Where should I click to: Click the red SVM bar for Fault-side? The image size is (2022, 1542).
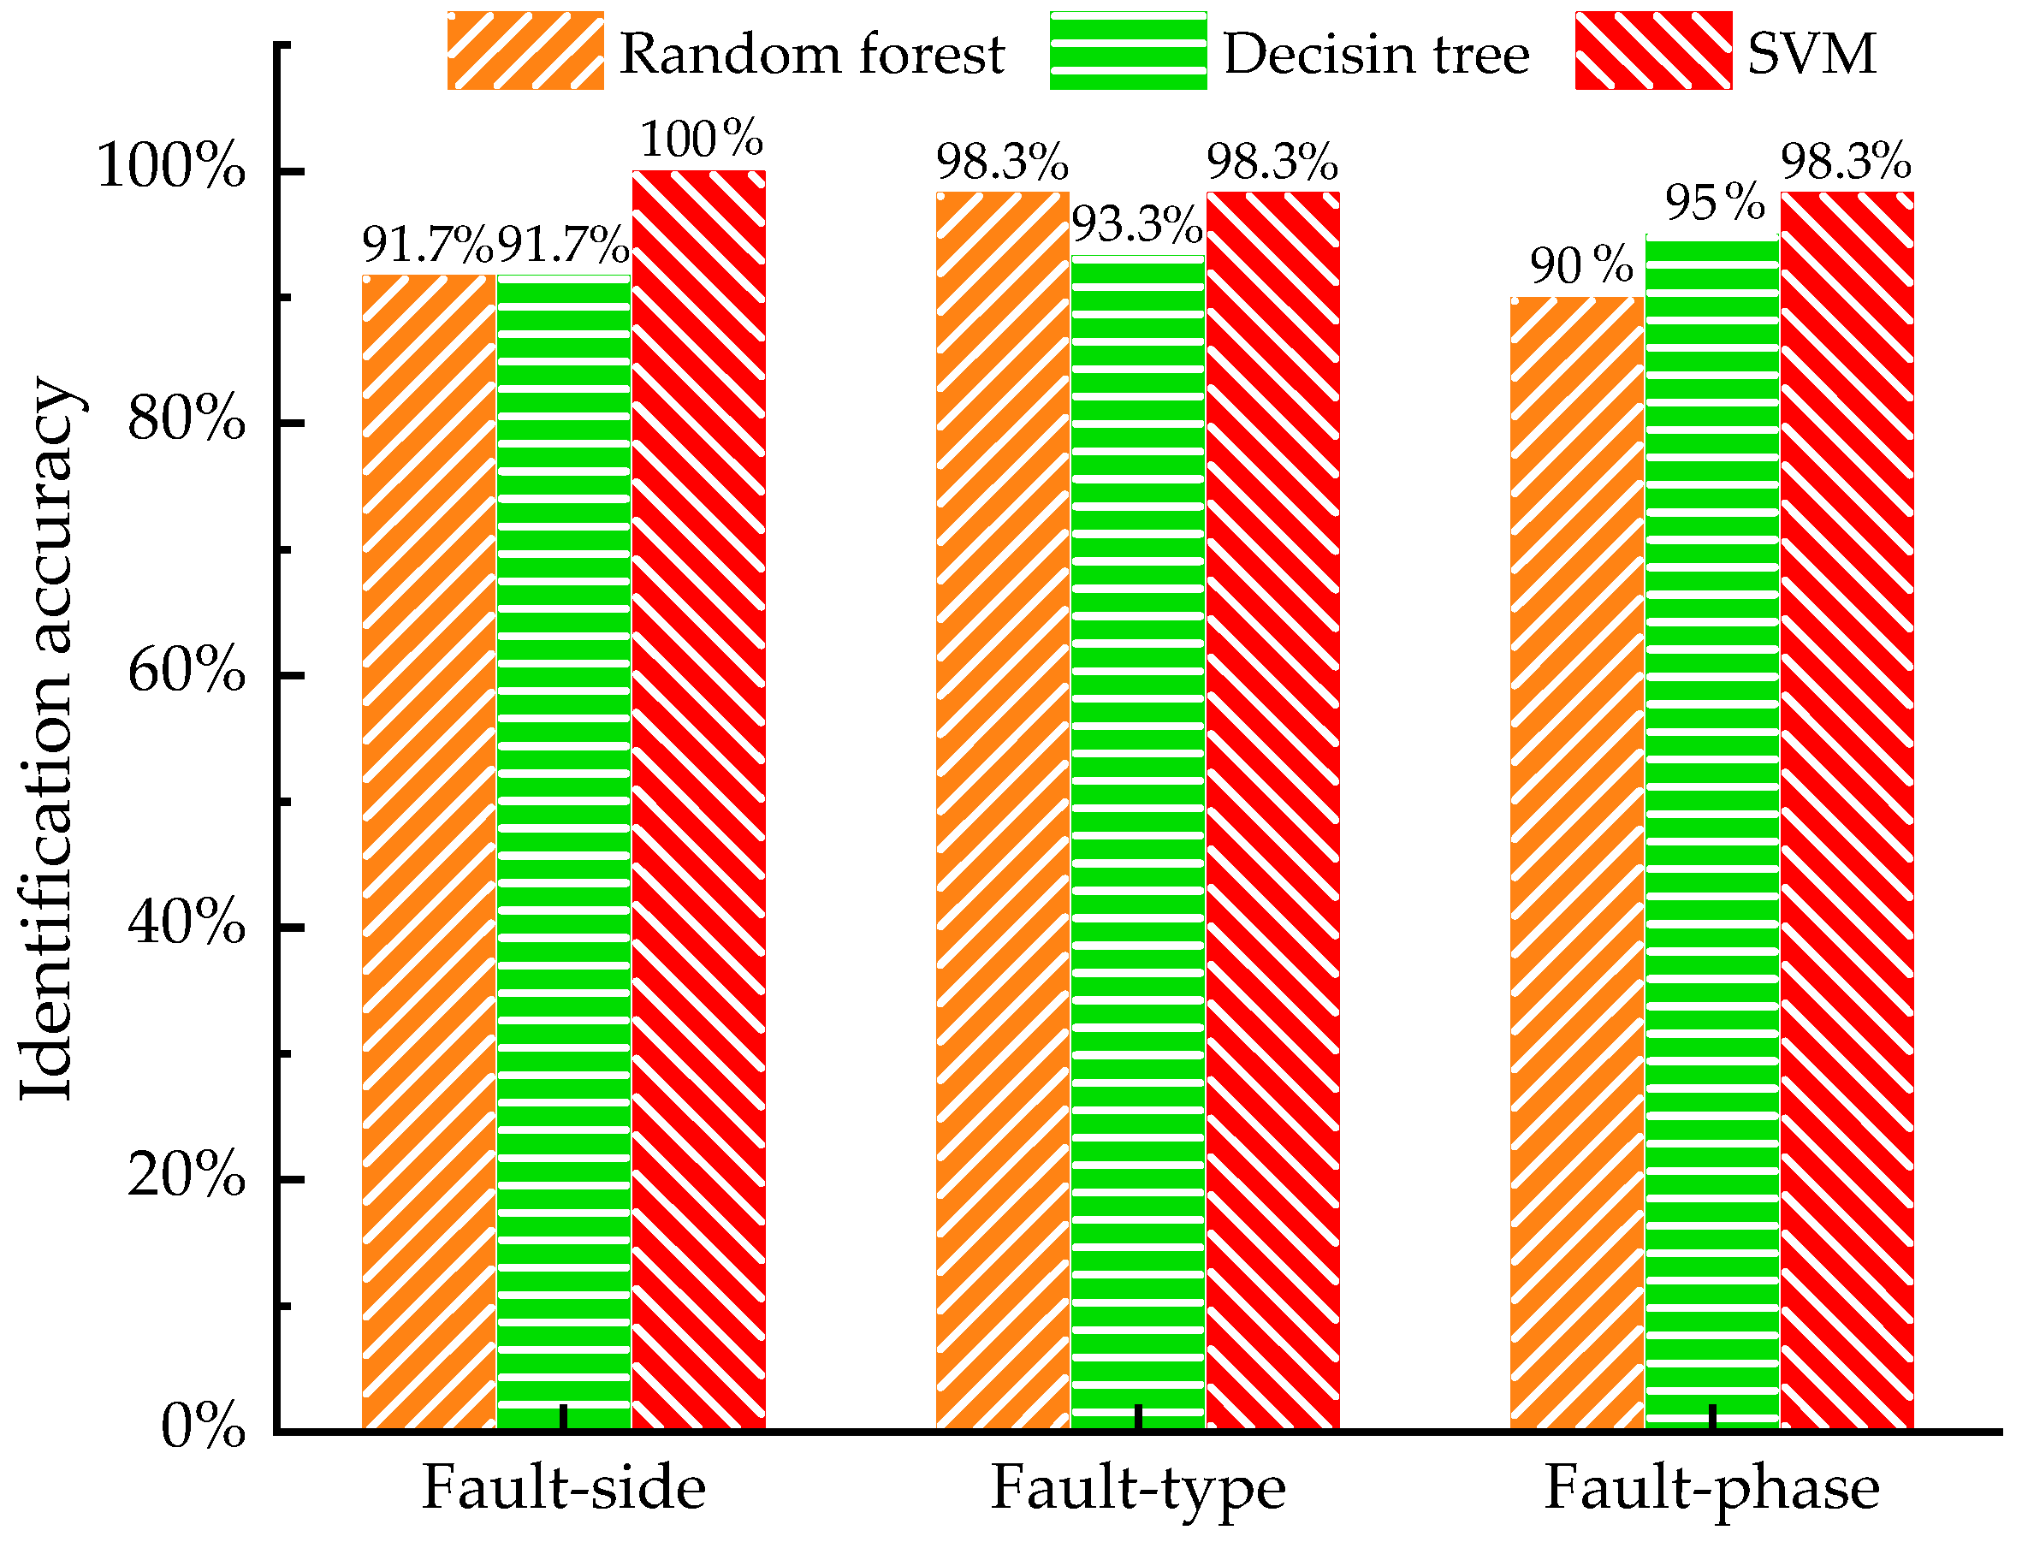click(x=698, y=798)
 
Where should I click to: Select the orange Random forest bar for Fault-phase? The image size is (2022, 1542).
click(x=1577, y=863)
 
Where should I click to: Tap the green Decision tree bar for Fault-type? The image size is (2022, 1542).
click(x=1138, y=839)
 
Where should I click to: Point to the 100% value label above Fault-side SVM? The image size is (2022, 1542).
click(x=701, y=139)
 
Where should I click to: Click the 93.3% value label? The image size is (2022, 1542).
click(x=1138, y=225)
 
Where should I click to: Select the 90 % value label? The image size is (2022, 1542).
click(x=1580, y=266)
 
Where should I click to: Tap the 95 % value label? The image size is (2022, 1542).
click(x=1716, y=203)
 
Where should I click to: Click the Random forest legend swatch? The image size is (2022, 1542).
click(x=525, y=50)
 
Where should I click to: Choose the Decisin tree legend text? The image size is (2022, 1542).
click(x=1377, y=53)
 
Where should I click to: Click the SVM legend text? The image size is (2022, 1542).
click(x=1811, y=53)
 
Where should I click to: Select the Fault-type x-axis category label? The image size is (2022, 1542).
click(x=1138, y=1489)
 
